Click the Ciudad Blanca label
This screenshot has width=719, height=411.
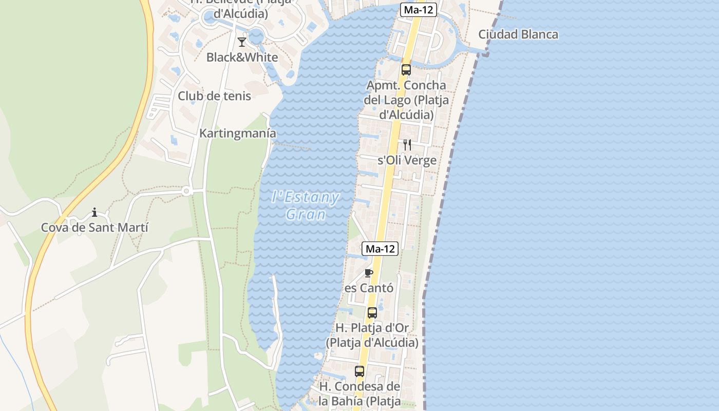tap(518, 34)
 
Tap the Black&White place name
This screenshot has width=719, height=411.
tap(242, 57)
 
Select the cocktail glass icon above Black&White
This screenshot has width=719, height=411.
tap(242, 42)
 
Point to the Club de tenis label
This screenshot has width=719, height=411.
tap(214, 96)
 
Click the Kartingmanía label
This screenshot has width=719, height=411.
tap(238, 133)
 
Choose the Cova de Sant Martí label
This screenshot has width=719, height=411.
tap(94, 227)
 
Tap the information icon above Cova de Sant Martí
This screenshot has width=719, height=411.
tap(94, 212)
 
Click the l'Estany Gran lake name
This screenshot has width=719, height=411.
tap(306, 206)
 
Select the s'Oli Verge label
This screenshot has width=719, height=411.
tap(407, 160)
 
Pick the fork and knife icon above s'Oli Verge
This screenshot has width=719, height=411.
tap(407, 145)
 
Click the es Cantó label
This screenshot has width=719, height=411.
tap(369, 288)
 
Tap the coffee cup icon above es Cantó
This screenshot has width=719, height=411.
tap(368, 273)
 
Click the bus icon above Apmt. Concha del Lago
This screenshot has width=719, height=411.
tap(406, 70)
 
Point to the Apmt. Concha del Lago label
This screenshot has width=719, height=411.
tap(406, 100)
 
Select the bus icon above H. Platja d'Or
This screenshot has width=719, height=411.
tap(372, 312)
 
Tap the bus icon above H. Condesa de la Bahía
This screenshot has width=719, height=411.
tap(359, 371)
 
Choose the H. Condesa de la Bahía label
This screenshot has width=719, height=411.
tap(359, 393)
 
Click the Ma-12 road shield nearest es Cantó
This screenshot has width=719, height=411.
tap(380, 249)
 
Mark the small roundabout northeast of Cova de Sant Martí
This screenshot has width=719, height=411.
tap(186, 191)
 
